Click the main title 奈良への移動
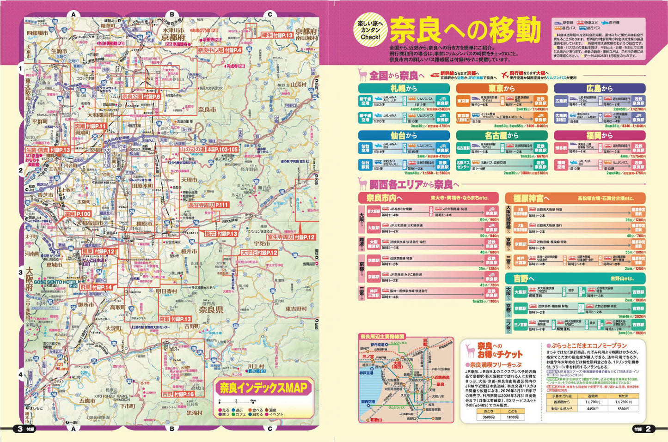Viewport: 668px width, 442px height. coord(465,30)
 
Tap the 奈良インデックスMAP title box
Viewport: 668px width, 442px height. coord(264,388)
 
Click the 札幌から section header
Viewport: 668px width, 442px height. coord(404,88)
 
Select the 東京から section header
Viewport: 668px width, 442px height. coord(502,88)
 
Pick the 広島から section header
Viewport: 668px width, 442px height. coord(600,88)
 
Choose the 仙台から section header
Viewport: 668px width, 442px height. coord(404,135)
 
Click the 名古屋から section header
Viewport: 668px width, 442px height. coord(502,135)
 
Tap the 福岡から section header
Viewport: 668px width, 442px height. coord(600,135)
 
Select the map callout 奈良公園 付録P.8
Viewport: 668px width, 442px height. coord(141,97)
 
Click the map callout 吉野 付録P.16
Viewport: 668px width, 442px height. coord(178,394)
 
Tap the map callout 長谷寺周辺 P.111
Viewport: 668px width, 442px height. coord(208,205)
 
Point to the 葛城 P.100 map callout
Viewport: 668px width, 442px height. coord(77,214)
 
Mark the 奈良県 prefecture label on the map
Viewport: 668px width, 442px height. coord(211,309)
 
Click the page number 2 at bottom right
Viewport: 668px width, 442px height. coord(648,429)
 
